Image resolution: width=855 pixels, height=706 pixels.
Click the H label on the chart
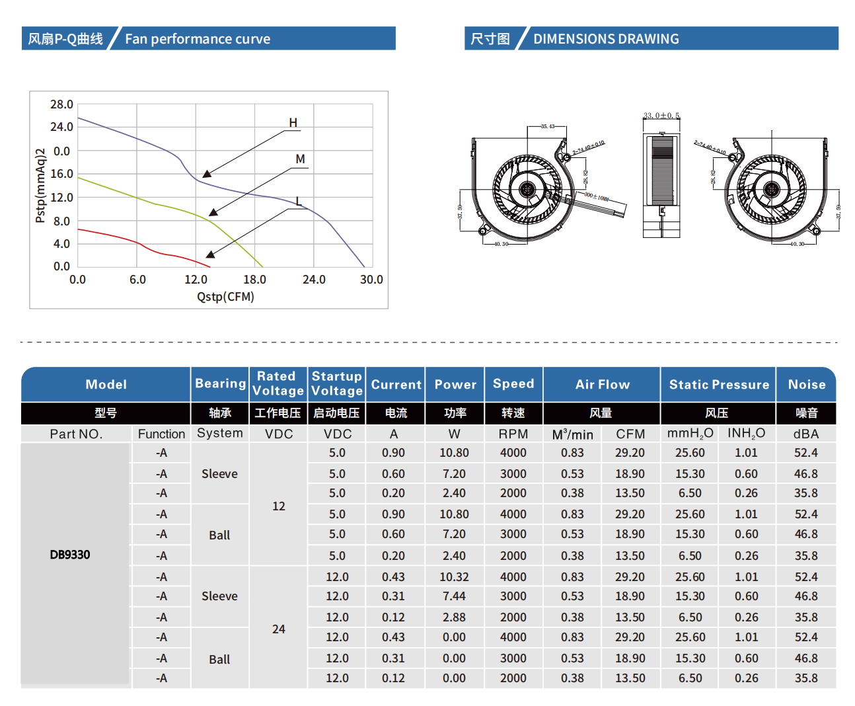point(293,123)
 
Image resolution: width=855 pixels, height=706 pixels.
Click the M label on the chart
point(301,159)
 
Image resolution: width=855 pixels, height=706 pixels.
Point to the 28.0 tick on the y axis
point(61,104)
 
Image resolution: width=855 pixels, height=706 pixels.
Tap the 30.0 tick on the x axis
point(371,280)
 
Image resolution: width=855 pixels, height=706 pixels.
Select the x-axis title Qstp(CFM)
point(225,297)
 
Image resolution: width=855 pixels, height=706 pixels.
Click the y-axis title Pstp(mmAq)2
point(41,186)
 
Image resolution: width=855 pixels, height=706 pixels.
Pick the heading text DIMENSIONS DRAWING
point(606,39)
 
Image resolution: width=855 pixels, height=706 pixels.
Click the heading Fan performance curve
point(198,39)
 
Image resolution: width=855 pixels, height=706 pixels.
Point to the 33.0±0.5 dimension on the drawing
point(661,116)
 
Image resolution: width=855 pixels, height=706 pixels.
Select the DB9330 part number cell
point(70,555)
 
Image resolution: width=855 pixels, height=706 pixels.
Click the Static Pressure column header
point(719,385)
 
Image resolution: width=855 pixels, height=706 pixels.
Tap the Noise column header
point(807,385)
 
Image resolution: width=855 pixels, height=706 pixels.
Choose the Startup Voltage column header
point(337,384)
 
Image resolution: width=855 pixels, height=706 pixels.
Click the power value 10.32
point(454,577)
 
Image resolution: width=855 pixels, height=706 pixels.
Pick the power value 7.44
point(454,596)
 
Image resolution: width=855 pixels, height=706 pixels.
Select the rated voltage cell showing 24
point(279,629)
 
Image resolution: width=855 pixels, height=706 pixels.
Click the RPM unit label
point(513,434)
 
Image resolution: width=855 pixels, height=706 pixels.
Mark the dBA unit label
point(806,434)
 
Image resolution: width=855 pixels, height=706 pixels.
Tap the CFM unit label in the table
point(630,434)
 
